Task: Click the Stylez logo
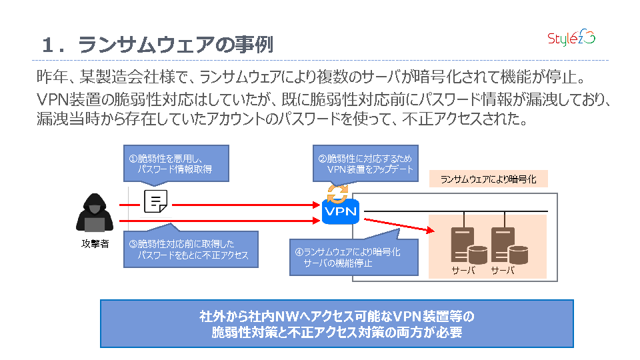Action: tap(571, 39)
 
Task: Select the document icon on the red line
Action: tap(155, 201)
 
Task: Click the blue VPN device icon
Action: tap(340, 212)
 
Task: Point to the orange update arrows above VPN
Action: tap(337, 193)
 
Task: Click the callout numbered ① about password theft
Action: tap(176, 163)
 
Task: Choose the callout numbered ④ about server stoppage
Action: tap(354, 257)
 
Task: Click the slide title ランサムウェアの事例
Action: tap(176, 45)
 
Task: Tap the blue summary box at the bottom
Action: tap(337, 323)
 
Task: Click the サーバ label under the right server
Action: tap(503, 271)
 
